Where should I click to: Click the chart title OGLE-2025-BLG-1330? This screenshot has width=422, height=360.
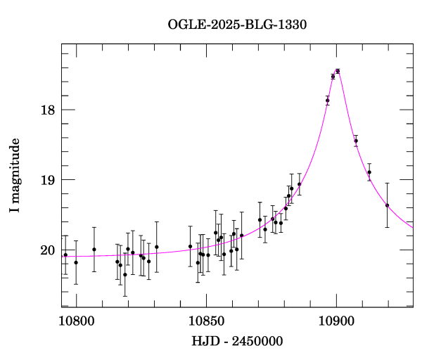(x=237, y=24)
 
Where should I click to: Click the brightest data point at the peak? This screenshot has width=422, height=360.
(x=338, y=71)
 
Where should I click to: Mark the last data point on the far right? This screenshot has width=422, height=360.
(x=387, y=205)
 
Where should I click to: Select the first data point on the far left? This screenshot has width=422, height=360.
(x=65, y=255)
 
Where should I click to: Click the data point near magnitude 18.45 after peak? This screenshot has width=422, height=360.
(x=356, y=141)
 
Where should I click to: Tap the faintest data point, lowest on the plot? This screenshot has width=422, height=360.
(x=125, y=275)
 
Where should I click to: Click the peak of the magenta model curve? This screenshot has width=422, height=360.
(x=338, y=70)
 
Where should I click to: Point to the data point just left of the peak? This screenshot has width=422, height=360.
(x=333, y=77)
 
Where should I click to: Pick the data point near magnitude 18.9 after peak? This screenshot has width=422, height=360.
(x=369, y=172)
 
